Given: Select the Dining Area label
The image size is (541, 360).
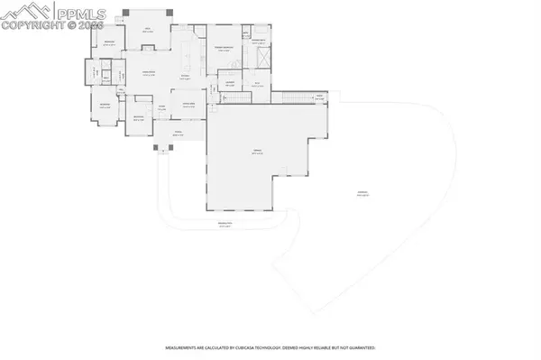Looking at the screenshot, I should pyautogui.click(x=189, y=105).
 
